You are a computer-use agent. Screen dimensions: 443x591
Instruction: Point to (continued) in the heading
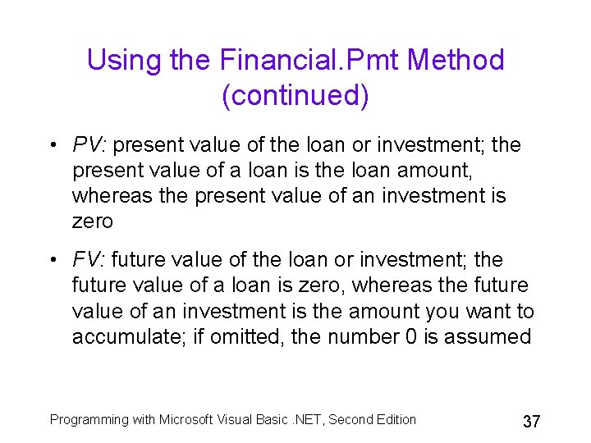pos(295,95)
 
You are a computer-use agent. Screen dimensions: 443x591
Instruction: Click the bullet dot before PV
pos(52,146)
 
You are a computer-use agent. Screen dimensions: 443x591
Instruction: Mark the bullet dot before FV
pos(52,261)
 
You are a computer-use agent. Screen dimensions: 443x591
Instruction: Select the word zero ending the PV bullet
pos(92,221)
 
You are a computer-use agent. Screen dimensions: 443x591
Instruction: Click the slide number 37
pos(531,422)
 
